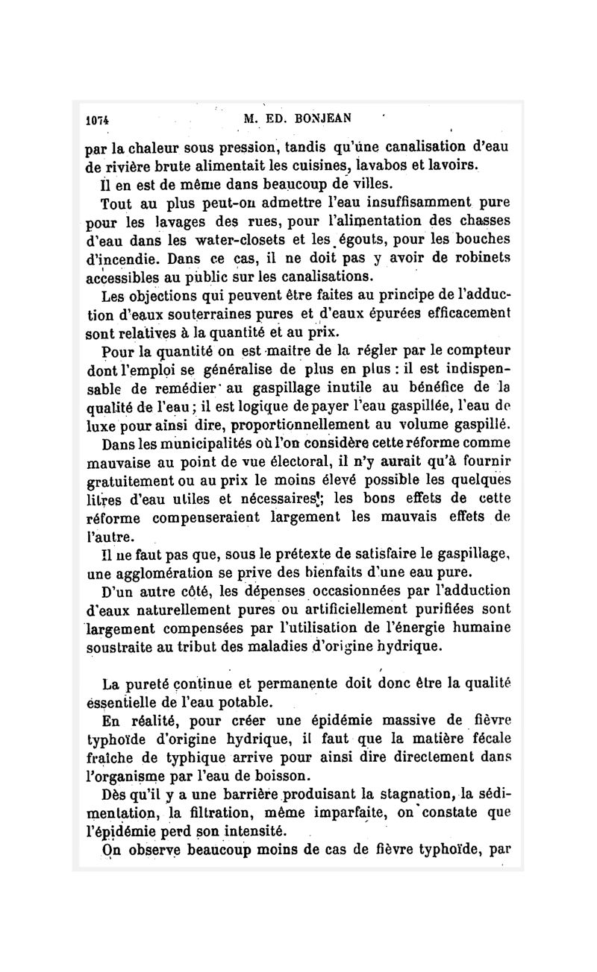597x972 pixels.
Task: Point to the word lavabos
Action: point(387,165)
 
